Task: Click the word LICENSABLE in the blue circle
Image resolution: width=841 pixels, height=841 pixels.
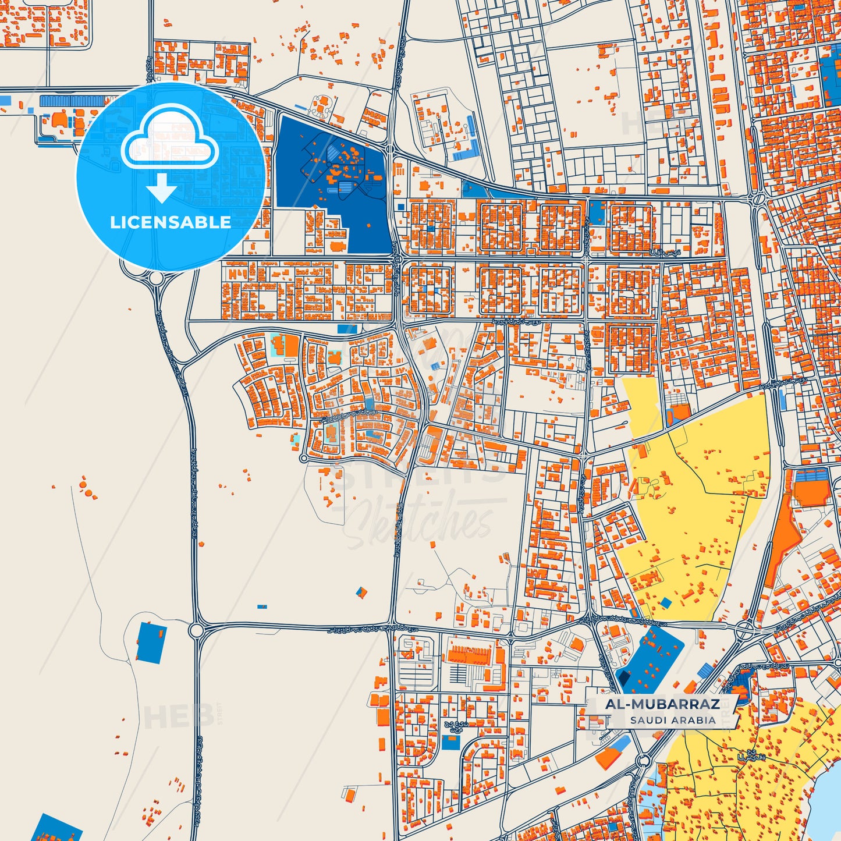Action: (x=170, y=222)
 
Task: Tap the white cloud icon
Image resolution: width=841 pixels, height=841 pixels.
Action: (x=169, y=140)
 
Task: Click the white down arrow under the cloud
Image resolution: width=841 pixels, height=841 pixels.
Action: (x=162, y=189)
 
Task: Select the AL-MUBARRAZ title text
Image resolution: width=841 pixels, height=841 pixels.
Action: (x=662, y=704)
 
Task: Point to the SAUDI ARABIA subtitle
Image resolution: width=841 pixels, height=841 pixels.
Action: (x=672, y=720)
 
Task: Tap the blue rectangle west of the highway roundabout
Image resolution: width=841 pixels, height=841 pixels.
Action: (x=151, y=642)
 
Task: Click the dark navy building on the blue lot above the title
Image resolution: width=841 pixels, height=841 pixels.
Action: (x=623, y=677)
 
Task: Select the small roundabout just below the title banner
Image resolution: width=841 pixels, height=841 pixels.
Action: (x=643, y=761)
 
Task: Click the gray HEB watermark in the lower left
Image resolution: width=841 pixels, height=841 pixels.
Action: (x=170, y=717)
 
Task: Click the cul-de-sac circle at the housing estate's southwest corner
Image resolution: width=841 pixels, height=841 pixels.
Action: (x=303, y=459)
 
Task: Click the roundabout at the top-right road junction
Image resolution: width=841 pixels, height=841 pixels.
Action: (x=758, y=199)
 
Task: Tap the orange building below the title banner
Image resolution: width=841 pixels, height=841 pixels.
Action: (x=608, y=757)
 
